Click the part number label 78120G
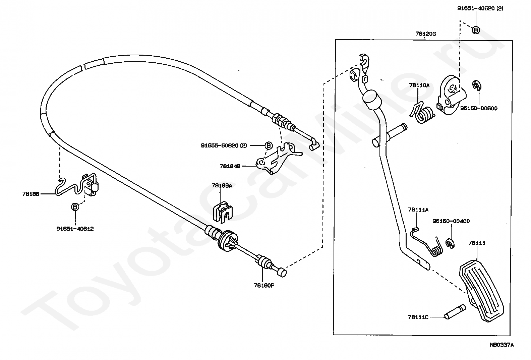pyautogui.click(x=426, y=34)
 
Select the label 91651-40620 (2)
pyautogui.click(x=480, y=8)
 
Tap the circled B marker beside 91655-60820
pyautogui.click(x=268, y=146)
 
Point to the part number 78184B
pyautogui.click(x=230, y=166)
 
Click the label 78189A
pyautogui.click(x=222, y=186)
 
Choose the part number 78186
pyautogui.click(x=31, y=194)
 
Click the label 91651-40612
pyautogui.click(x=75, y=229)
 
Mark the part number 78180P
pyautogui.click(x=264, y=286)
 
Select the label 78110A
pyautogui.click(x=419, y=85)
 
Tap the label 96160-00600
pyautogui.click(x=479, y=108)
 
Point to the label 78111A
pyautogui.click(x=418, y=210)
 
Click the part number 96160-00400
pyautogui.click(x=451, y=221)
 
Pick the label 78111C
pyautogui.click(x=418, y=317)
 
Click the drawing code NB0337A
pyautogui.click(x=502, y=345)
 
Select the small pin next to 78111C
pyautogui.click(x=455, y=312)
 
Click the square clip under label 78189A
pyautogui.click(x=223, y=213)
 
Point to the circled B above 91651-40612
pyautogui.click(x=75, y=207)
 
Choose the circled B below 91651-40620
pyautogui.click(x=476, y=30)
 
